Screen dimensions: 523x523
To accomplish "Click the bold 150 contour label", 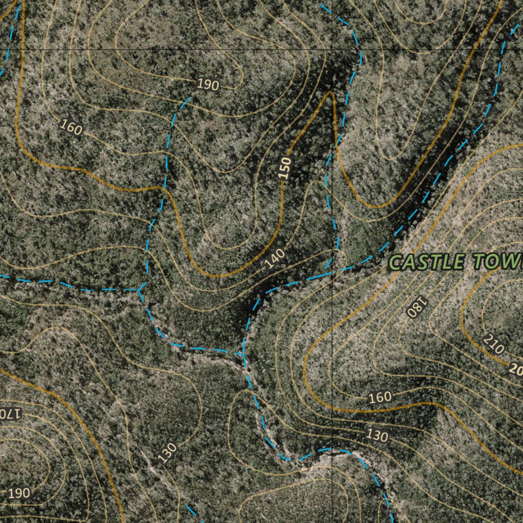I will coord(287,168).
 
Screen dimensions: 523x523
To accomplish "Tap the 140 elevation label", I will coord(275,259).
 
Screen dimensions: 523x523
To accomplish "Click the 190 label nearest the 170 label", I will coord(18,493).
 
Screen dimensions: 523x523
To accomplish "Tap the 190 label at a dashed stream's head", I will coord(207,85).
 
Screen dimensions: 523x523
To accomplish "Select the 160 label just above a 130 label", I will coord(379,397).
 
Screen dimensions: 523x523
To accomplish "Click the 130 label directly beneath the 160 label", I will coord(377,436).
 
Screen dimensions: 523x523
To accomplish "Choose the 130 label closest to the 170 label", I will coord(167,453).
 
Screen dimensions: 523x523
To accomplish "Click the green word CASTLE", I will coord(427,262).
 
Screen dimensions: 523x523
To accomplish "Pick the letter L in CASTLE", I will coord(446,262).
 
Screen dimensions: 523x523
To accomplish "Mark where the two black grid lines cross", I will coord(332,49).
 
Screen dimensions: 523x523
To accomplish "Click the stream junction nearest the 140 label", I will coord(241,353).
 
